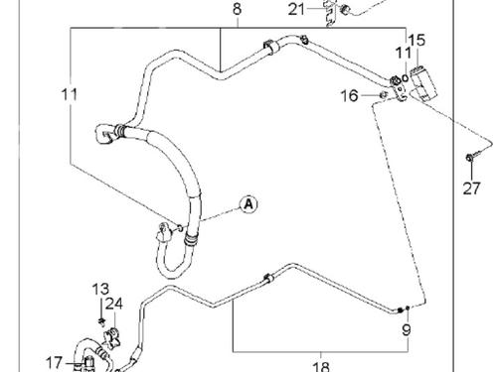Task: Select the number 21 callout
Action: [297, 10]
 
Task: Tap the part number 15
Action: [416, 41]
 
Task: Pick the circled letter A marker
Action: [248, 204]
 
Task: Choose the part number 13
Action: [100, 289]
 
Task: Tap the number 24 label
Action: [113, 304]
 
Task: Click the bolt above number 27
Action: [468, 159]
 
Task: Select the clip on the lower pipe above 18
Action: [265, 279]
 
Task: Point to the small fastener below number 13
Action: [102, 321]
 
